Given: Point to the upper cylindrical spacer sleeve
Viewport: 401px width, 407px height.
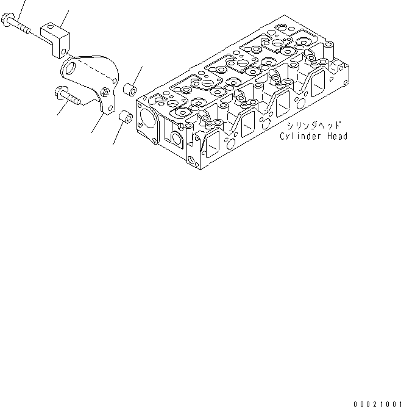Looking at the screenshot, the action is tap(130, 90).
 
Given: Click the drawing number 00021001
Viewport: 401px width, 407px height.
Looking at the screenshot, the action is tap(376, 403).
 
